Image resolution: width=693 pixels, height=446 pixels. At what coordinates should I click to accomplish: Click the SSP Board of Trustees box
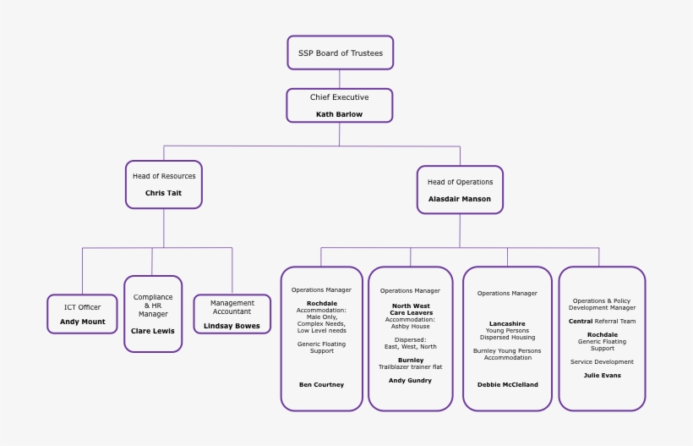340,52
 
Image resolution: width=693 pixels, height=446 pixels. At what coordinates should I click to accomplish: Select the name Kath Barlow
339,114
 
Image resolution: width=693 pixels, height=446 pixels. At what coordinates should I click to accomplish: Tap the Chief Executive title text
339,97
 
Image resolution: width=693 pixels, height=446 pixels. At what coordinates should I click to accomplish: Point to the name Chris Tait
163,193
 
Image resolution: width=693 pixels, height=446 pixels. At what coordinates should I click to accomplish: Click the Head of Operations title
460,182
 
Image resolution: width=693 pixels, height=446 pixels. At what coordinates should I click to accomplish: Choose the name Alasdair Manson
459,200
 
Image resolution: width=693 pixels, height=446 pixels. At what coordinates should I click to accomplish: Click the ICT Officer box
82,314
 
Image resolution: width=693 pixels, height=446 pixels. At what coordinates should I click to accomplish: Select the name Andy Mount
82,322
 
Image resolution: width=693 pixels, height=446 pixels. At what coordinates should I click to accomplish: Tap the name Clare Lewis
153,331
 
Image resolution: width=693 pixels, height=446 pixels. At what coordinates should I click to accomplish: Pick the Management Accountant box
232,313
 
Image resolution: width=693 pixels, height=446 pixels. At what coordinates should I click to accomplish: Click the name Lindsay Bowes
232,326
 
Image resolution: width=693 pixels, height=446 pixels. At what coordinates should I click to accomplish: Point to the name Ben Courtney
321,384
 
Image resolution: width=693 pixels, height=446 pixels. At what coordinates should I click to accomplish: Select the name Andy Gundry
410,381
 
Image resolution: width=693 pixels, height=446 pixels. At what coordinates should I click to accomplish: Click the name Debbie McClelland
507,384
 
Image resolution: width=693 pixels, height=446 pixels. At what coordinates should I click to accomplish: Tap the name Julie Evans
602,375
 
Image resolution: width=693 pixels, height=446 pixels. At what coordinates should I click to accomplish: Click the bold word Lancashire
507,323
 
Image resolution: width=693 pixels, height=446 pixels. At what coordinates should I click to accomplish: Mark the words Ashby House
410,326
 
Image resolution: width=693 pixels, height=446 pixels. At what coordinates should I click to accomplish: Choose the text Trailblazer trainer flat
410,366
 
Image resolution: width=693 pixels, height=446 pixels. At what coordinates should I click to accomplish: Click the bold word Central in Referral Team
581,322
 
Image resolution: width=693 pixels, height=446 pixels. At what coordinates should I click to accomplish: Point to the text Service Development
602,361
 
